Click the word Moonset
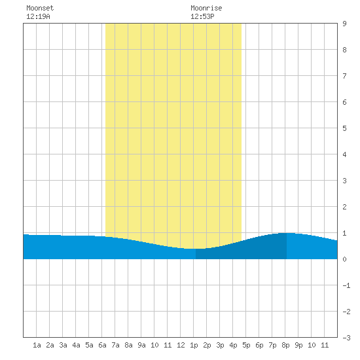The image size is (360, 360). coord(40,8)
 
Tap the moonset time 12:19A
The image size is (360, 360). coord(38,16)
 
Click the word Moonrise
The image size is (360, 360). coord(206,8)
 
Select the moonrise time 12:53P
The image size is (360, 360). coord(202,16)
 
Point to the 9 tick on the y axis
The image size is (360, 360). coord(344,24)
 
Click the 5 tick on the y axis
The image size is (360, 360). coord(344,128)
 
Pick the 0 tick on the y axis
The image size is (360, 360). coord(344,259)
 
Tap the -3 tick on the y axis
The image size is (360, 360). coord(346,338)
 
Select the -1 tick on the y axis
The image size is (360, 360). coord(346,285)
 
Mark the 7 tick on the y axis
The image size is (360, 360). coord(344,76)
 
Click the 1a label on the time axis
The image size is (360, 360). coord(37,345)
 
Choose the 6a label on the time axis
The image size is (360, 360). coord(102,345)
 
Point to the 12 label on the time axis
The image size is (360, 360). coord(181,345)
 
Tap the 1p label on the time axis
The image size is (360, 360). coord(194,345)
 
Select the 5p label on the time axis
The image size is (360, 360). coord(246,345)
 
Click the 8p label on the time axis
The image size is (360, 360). coord(285,345)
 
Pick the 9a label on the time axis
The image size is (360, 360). coord(141,345)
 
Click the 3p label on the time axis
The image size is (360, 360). coord(220,345)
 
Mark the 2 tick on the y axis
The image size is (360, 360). coord(344,207)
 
